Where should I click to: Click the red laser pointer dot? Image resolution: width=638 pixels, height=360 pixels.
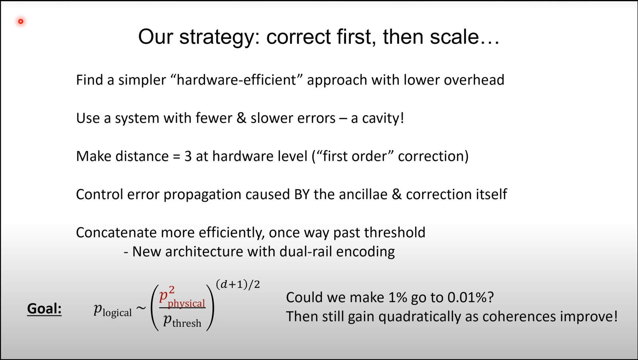[x=21, y=22]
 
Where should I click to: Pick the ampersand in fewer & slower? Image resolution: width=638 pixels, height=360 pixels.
[x=241, y=118]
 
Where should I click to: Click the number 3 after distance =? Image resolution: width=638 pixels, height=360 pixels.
[x=188, y=156]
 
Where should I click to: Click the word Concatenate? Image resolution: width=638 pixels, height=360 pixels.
[x=116, y=233]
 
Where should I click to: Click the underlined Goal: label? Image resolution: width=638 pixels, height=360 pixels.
[x=44, y=309]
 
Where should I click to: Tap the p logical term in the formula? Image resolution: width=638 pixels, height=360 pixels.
[x=113, y=310]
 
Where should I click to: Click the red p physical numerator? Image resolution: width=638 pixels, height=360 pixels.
[x=182, y=298]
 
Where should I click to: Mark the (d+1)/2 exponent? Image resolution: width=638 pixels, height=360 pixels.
[x=238, y=285]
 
